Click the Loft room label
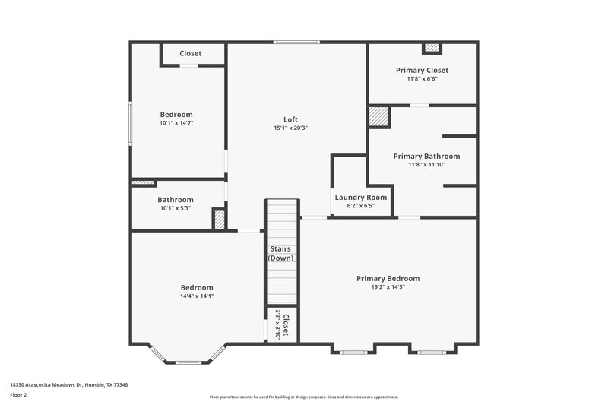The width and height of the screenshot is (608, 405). point(290,119)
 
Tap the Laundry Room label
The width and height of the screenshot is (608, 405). point(361,197)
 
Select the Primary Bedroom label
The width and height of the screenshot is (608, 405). point(388,278)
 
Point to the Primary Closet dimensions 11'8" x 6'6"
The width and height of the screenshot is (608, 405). point(422,78)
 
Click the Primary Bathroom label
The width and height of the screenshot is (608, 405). point(426,156)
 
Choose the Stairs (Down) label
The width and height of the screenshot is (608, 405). point(280,253)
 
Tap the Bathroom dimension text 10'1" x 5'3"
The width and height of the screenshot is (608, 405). point(176,208)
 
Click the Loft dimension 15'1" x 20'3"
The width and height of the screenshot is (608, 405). point(290,128)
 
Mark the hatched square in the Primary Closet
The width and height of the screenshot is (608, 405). point(432,48)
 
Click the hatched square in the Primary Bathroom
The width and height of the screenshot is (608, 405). point(378,116)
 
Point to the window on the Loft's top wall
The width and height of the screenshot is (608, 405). point(296,43)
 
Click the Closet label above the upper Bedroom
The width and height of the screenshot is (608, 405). point(191,53)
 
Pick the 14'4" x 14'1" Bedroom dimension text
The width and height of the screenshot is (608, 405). point(197,296)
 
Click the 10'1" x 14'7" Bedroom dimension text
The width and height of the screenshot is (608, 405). point(176,122)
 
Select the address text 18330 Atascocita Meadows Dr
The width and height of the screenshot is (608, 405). point(69,384)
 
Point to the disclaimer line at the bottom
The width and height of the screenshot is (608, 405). point(303,397)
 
